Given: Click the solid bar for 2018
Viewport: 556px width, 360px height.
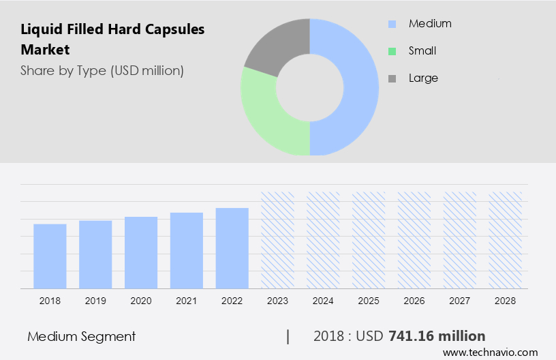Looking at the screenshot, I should pyautogui.click(x=50, y=256).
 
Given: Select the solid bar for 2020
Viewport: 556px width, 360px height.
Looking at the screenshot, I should pyautogui.click(x=141, y=252).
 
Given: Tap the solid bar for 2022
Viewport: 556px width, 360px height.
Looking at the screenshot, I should pyautogui.click(x=232, y=248).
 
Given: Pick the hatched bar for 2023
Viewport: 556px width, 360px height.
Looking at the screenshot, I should pyautogui.click(x=278, y=240).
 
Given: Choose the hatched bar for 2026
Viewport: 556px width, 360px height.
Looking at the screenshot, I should pyautogui.click(x=414, y=240).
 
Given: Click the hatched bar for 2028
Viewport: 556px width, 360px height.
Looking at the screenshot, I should pyautogui.click(x=506, y=240).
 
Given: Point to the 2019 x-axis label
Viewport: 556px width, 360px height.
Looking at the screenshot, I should pyautogui.click(x=95, y=301).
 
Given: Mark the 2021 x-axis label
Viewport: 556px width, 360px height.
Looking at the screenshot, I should pyautogui.click(x=187, y=301).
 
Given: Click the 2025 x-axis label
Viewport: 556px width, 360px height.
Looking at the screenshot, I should pyautogui.click(x=369, y=301).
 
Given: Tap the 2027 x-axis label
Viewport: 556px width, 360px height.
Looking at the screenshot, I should pyautogui.click(x=460, y=301).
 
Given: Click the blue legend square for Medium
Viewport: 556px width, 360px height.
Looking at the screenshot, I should pyautogui.click(x=392, y=24).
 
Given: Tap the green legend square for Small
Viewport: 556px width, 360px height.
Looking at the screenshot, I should pyautogui.click(x=392, y=51).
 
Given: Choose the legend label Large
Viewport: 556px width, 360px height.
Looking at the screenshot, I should pyautogui.click(x=423, y=78).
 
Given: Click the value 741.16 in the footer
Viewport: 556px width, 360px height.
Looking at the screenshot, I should pyautogui.click(x=410, y=336).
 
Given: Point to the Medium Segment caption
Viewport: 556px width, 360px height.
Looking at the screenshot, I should pyautogui.click(x=82, y=336).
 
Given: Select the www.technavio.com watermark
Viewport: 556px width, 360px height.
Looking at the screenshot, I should pyautogui.click(x=490, y=352).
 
